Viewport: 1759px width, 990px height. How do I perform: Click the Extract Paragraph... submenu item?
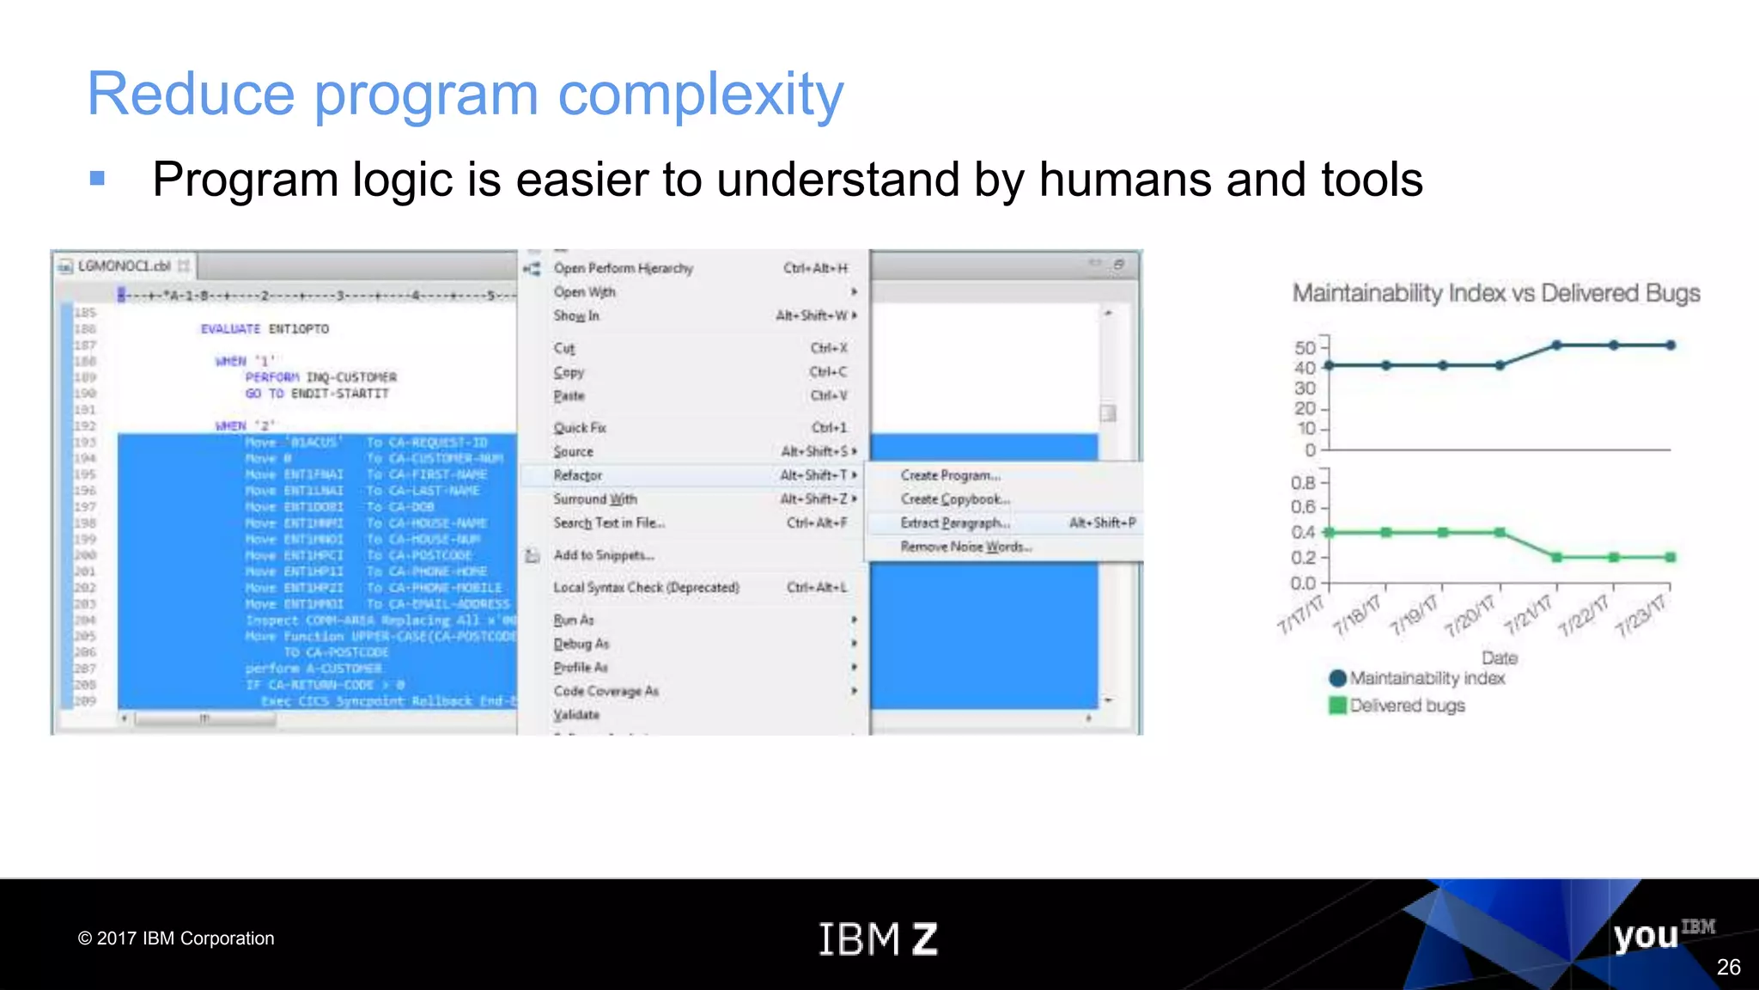coord(954,523)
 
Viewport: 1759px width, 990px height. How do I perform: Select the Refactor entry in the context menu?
coord(578,475)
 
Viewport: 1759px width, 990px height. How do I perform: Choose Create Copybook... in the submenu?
coord(954,499)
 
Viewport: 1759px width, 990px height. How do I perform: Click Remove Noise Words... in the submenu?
coord(965,547)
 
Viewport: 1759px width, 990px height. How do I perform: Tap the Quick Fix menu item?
coord(580,428)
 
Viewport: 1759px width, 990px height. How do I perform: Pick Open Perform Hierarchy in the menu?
coord(623,268)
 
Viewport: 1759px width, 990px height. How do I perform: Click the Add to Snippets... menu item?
coord(603,555)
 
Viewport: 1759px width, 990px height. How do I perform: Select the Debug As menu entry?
coord(581,644)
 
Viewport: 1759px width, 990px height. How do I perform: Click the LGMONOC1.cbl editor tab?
coord(124,266)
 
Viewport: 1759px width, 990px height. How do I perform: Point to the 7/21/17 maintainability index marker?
coord(1556,345)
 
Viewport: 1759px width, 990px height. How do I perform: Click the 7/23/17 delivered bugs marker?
coord(1670,558)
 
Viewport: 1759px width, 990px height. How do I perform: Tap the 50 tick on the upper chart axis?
coord(1305,348)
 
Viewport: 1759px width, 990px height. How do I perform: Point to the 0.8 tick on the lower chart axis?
coord(1303,483)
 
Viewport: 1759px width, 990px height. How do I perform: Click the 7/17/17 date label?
coord(1299,614)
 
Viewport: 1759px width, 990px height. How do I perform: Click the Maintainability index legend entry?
coord(1426,678)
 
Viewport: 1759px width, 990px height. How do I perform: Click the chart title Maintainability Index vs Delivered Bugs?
coord(1495,294)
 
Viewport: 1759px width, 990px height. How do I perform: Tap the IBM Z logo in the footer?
coord(878,938)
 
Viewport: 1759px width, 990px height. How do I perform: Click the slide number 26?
coord(1728,968)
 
